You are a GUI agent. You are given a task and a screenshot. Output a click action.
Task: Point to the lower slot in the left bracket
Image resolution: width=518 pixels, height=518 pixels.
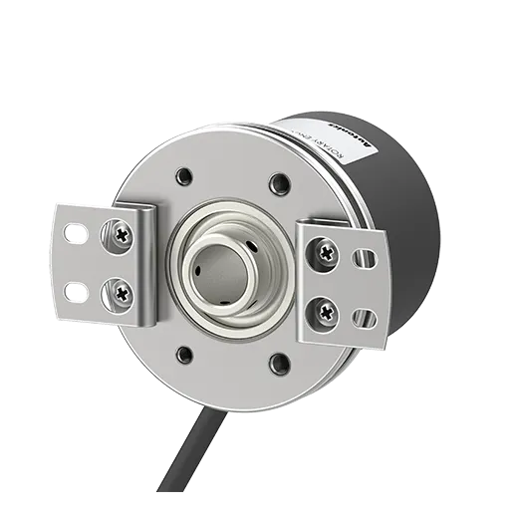tap(75, 290)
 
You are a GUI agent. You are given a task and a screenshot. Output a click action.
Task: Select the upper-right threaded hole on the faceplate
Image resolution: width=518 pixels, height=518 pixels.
tap(280, 182)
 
